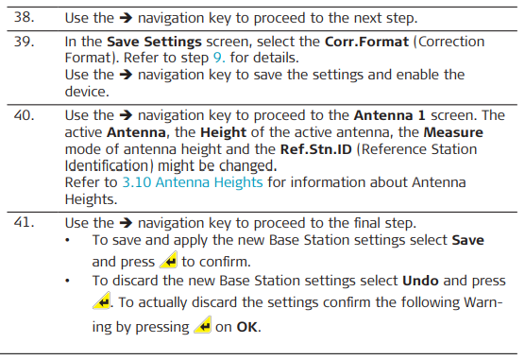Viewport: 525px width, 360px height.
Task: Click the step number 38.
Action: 24,17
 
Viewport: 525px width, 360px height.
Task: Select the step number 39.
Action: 24,42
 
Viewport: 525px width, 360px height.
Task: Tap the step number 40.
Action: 24,115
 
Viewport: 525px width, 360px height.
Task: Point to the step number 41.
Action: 24,222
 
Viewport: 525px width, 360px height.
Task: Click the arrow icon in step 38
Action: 126,17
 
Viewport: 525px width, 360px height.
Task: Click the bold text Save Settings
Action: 154,42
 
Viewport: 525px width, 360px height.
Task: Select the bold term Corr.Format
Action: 366,42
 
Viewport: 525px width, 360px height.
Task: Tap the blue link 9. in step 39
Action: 219,58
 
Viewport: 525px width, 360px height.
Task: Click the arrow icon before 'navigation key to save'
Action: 126,75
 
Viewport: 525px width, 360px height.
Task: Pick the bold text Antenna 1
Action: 389,115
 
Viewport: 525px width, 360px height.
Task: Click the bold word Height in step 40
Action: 224,132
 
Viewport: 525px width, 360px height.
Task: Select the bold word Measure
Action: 453,132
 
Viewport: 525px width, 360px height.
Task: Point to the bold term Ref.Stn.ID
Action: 315,149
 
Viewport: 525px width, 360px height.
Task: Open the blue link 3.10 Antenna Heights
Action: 193,182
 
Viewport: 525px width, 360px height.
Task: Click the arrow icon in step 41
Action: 126,223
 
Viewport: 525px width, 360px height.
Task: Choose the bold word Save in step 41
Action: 467,240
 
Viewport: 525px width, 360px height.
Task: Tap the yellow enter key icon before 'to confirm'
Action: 168,260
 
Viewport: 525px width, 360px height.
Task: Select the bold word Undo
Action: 420,281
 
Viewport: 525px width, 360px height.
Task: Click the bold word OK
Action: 247,327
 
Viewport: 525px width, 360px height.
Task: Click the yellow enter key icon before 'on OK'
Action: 203,325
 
